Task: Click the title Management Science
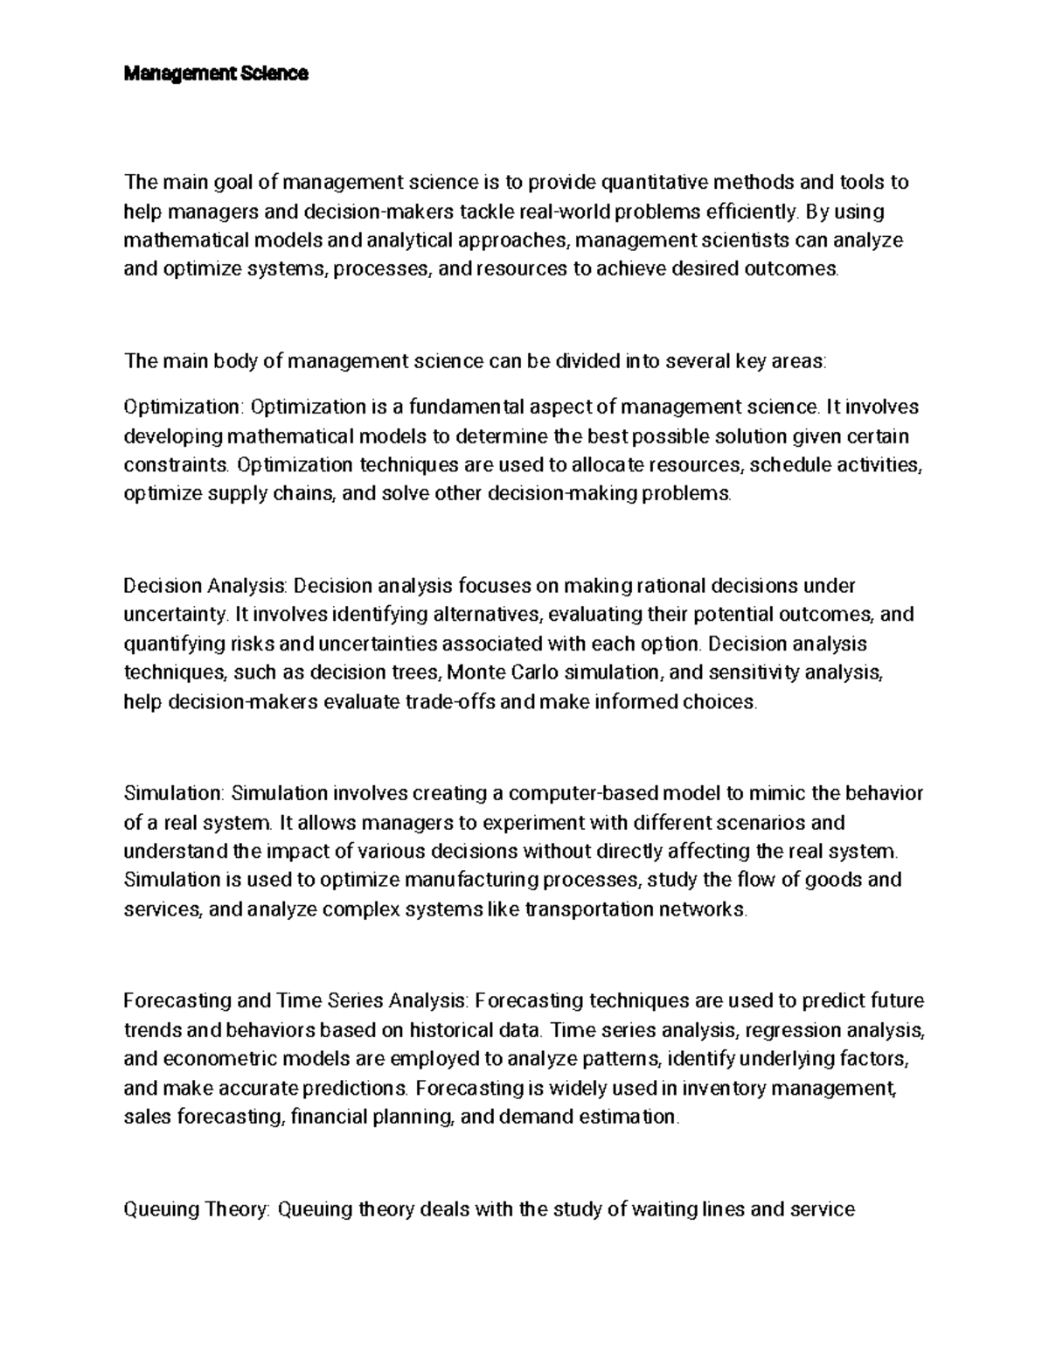pos(216,74)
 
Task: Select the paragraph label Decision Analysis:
pos(210,585)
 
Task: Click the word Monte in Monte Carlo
pos(477,672)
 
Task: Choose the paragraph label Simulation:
pos(176,793)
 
